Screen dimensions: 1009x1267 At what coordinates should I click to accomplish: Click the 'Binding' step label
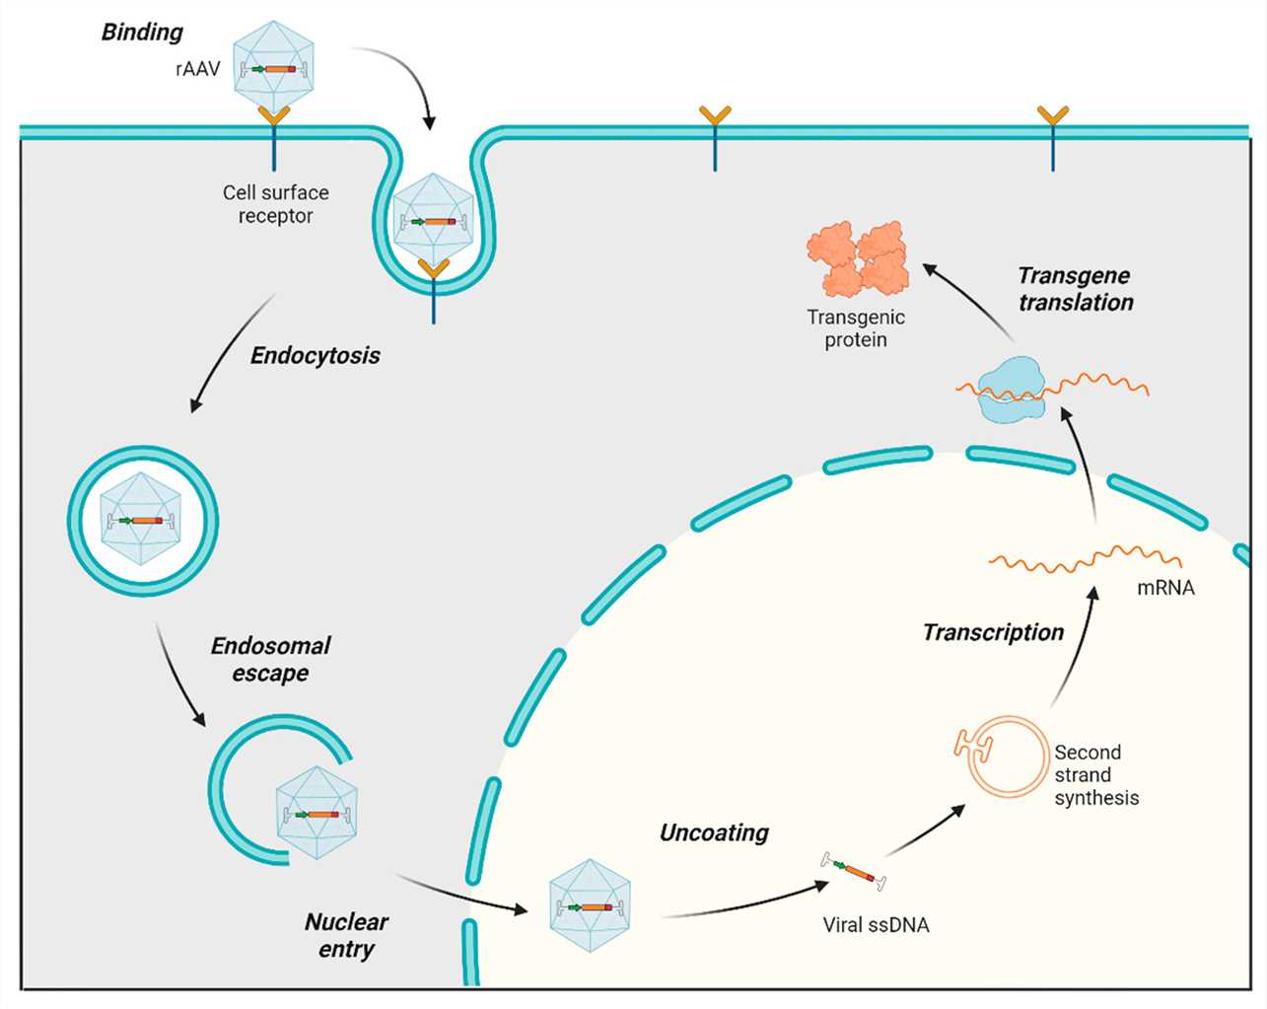(142, 33)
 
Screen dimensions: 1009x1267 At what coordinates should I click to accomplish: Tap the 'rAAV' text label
(197, 69)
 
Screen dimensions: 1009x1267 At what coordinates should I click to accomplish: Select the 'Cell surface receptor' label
(275, 204)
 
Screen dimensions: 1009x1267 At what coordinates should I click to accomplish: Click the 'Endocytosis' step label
(315, 356)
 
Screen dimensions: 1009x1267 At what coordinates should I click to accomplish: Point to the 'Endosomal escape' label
(270, 659)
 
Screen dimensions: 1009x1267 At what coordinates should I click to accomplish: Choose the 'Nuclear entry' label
(346, 935)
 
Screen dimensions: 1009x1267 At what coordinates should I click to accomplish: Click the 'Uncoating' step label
(714, 832)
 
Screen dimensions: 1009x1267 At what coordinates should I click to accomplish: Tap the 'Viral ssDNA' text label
(876, 925)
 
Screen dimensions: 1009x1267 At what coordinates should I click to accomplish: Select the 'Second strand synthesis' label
(1095, 775)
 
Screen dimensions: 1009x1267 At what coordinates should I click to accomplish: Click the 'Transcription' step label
(993, 632)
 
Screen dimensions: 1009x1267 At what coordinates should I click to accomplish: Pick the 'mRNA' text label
(1165, 588)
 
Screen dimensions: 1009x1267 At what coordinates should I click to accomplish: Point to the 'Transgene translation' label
(1075, 289)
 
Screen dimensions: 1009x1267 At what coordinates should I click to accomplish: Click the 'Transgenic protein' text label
(855, 328)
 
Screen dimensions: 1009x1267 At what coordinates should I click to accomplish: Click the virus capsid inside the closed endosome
(144, 520)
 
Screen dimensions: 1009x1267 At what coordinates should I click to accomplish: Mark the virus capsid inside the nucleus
(589, 905)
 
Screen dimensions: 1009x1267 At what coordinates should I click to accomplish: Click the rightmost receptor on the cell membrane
(1052, 137)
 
